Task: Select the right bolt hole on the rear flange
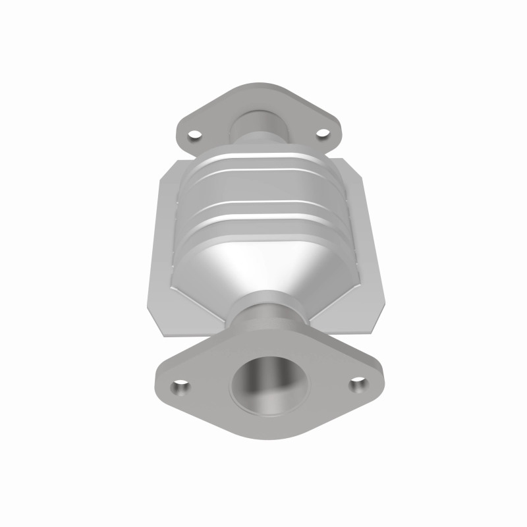point(322,134)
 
